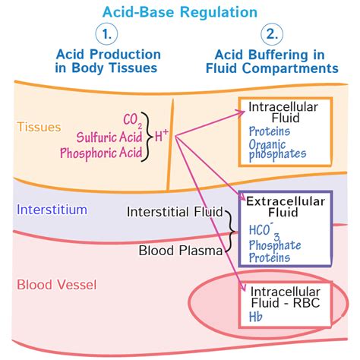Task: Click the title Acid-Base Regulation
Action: (x=179, y=11)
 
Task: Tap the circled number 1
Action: (x=108, y=35)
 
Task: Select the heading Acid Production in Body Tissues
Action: (x=108, y=62)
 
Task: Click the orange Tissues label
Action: (x=39, y=127)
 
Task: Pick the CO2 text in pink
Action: (x=133, y=120)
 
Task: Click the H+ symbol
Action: (x=162, y=137)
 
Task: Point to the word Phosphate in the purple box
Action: (x=275, y=245)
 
